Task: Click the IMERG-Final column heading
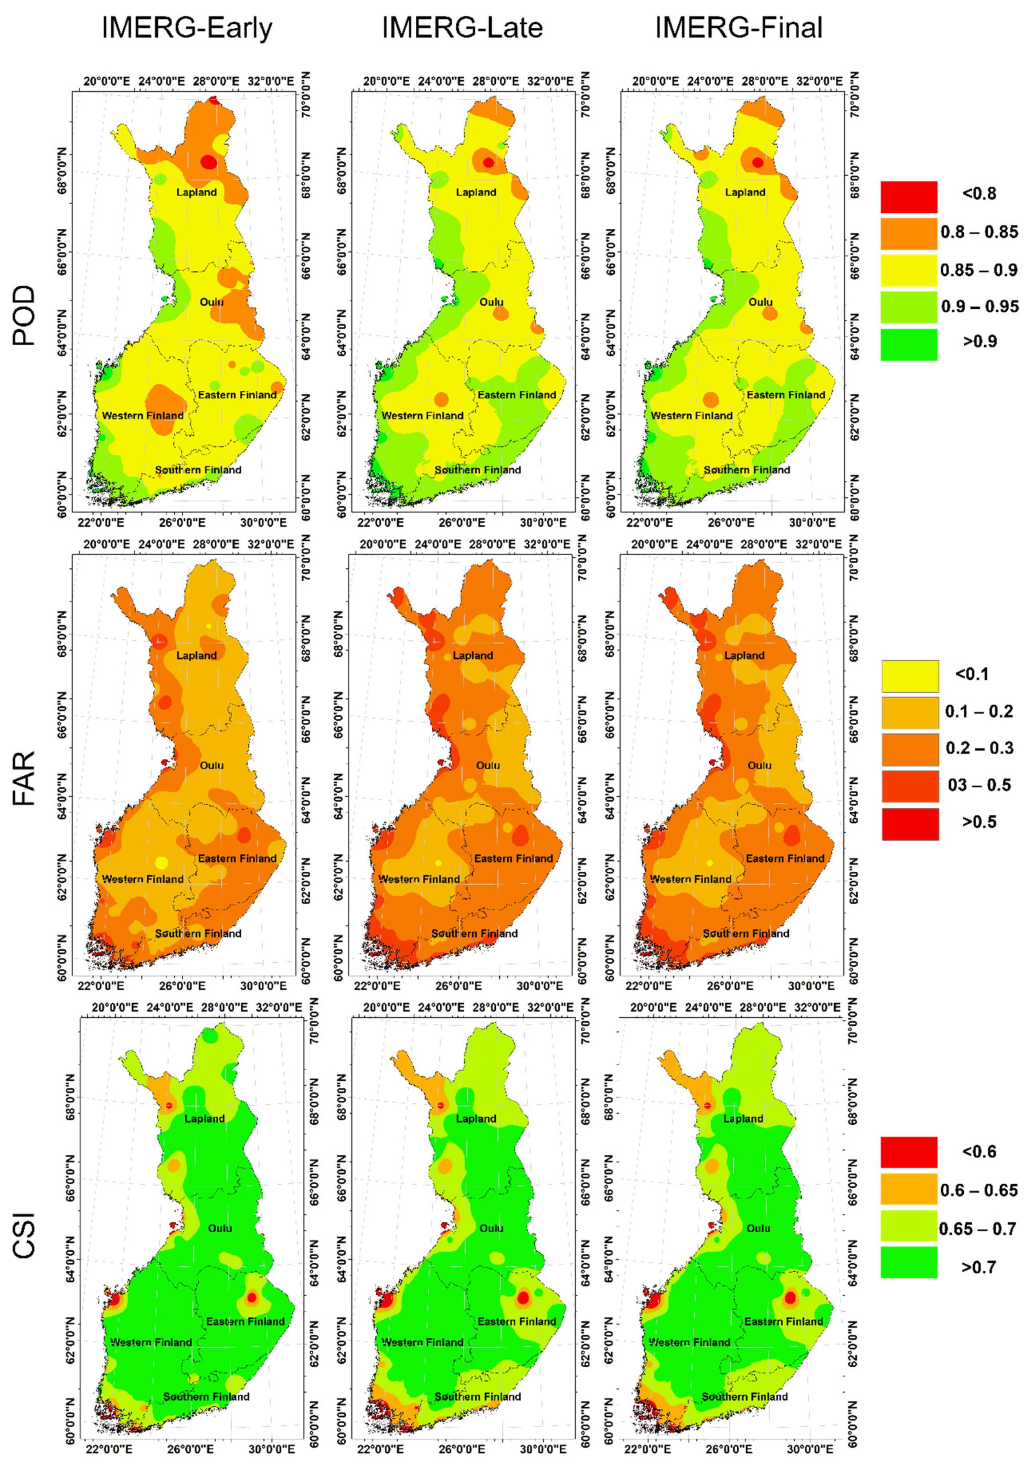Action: click(x=739, y=28)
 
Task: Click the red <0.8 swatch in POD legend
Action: click(x=908, y=197)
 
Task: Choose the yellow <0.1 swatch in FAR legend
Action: click(x=909, y=676)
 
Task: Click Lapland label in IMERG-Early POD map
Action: click(x=197, y=192)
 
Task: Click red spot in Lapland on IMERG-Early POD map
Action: click(x=208, y=162)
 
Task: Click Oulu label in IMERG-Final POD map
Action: click(x=760, y=302)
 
